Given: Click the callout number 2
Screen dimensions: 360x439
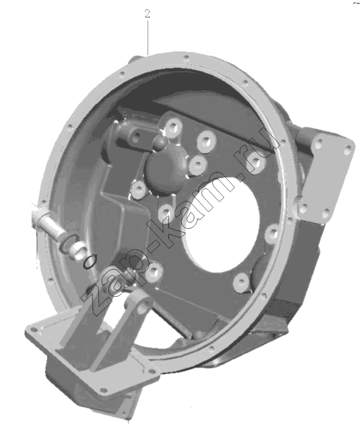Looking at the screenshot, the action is coord(147,14).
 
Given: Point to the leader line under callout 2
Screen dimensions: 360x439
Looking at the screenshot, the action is coord(147,37).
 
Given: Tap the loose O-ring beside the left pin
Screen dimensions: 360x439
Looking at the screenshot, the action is coord(90,261).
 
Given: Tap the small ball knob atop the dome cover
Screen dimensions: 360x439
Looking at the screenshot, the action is coord(160,142).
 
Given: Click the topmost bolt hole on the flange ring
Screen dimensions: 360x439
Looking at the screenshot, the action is coord(185,59).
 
